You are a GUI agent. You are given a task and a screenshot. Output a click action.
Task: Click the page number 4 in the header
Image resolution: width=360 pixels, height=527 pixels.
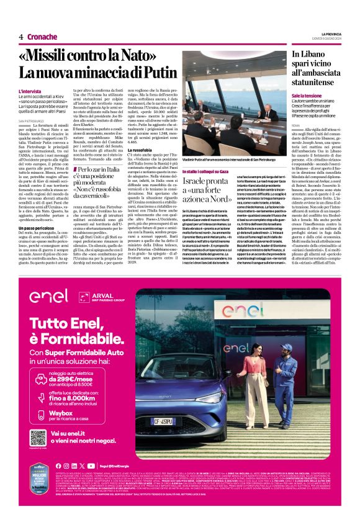tap(21, 37)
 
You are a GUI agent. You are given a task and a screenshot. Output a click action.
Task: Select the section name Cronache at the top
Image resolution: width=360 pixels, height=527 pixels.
tap(42, 37)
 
